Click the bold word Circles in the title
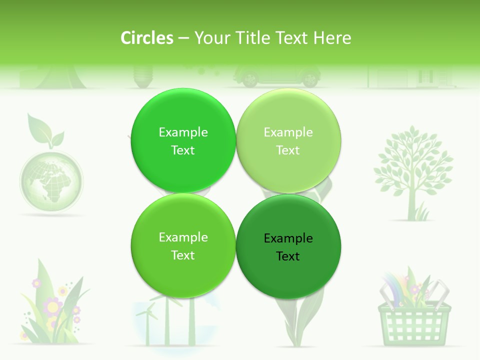(x=147, y=38)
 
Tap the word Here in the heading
(x=332, y=38)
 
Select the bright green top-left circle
(x=183, y=140)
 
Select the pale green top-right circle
(x=288, y=140)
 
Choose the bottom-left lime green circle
(x=183, y=246)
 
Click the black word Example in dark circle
(x=288, y=238)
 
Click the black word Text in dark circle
(x=288, y=256)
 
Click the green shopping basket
(x=414, y=322)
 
